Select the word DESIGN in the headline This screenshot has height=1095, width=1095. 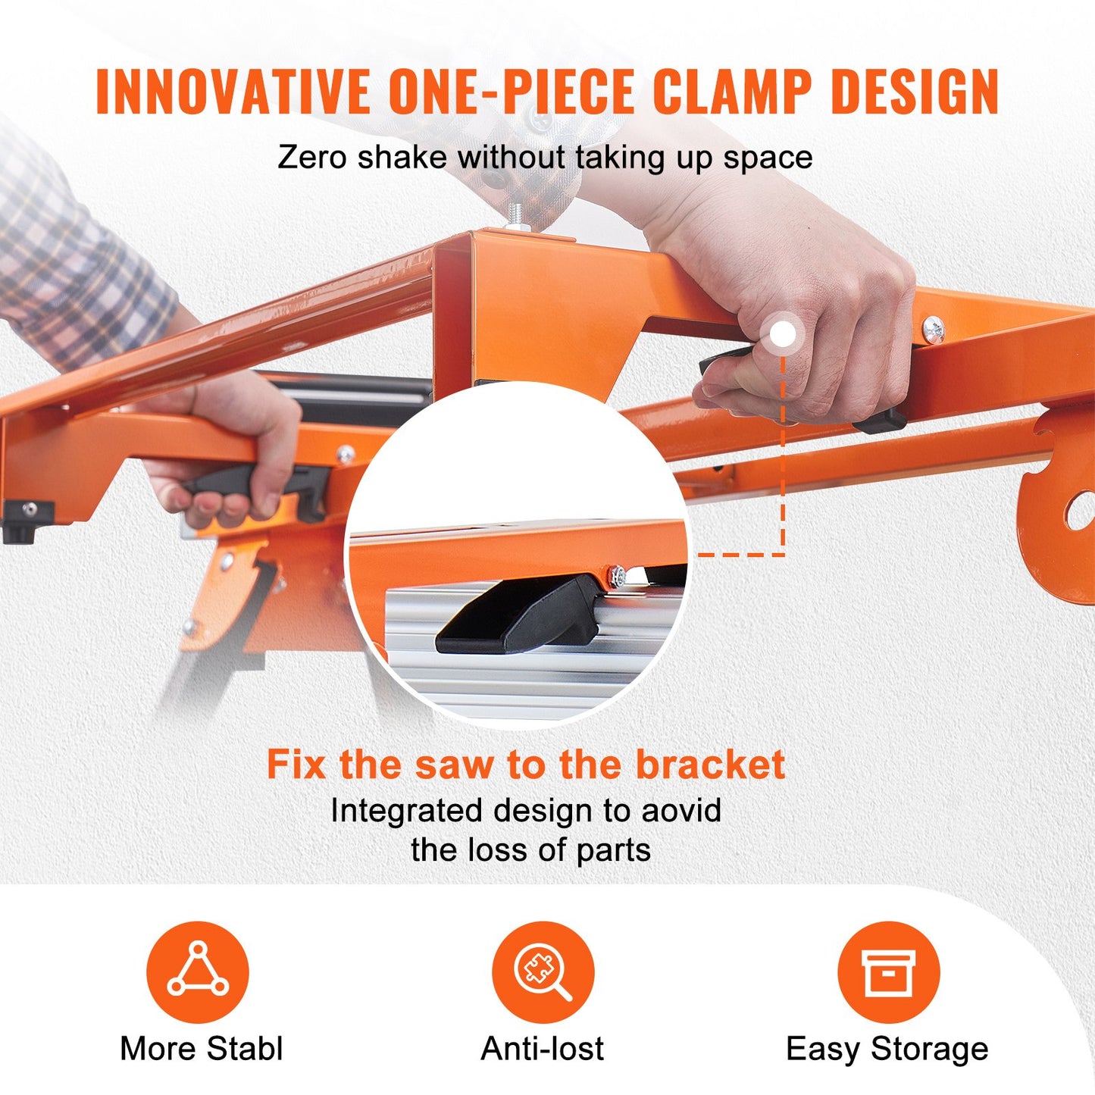[x=915, y=92]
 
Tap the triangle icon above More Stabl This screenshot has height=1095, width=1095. [x=198, y=971]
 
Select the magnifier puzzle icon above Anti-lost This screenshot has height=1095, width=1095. [x=543, y=971]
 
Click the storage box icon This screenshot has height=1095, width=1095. [x=888, y=971]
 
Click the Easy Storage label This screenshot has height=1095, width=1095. [x=887, y=1050]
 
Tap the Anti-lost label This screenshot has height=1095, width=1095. [x=543, y=1050]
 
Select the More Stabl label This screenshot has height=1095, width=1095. [x=201, y=1050]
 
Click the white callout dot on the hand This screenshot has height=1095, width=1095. [x=783, y=334]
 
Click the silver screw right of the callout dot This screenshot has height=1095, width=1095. [x=933, y=330]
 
